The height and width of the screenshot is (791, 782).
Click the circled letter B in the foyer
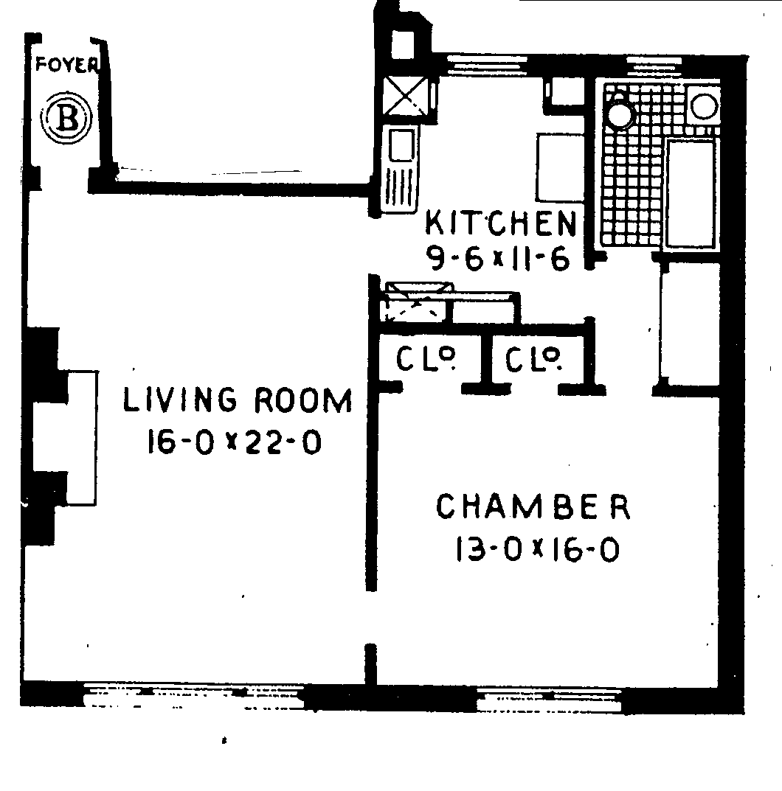pos(67,119)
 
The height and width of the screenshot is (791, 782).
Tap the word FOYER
pos(66,65)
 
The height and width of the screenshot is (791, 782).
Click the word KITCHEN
pos(501,222)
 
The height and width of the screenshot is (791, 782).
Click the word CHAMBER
pos(533,507)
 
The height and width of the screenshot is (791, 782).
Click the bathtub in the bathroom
pos(691,193)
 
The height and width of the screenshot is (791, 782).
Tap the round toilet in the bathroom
pos(620,114)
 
